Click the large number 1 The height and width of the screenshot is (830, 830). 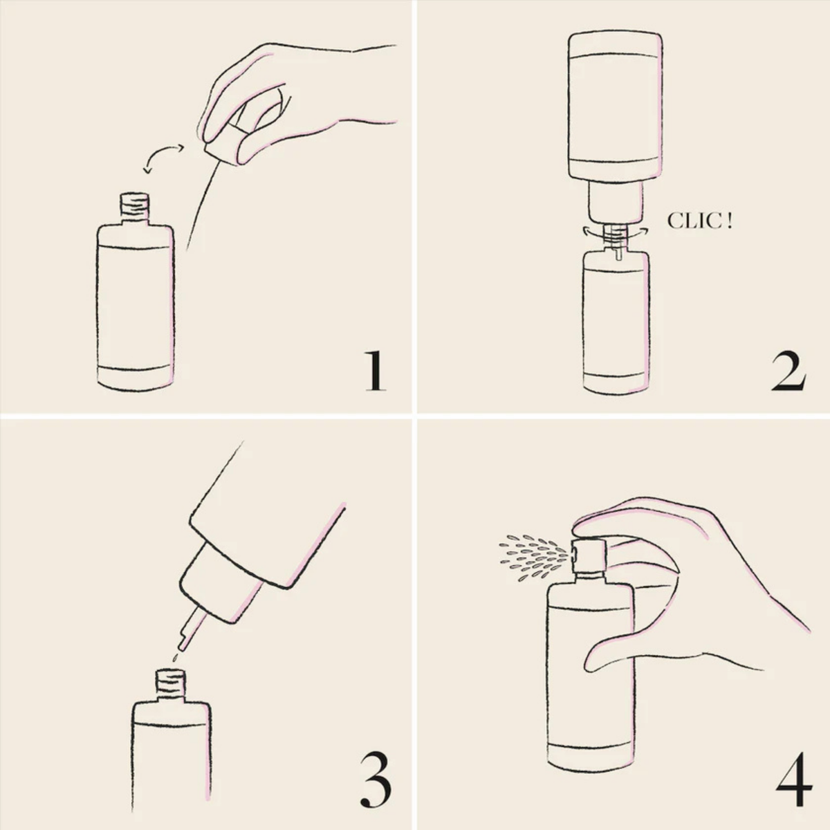pyautogui.click(x=376, y=371)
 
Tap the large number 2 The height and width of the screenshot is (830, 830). pyautogui.click(x=787, y=371)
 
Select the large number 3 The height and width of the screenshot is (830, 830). pyautogui.click(x=376, y=785)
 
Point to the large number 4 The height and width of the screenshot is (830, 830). pyautogui.click(x=794, y=785)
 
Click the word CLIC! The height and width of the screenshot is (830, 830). pyautogui.click(x=699, y=221)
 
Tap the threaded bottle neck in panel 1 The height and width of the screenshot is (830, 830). pyautogui.click(x=134, y=207)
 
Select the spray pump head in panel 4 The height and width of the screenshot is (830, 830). pyautogui.click(x=589, y=555)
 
